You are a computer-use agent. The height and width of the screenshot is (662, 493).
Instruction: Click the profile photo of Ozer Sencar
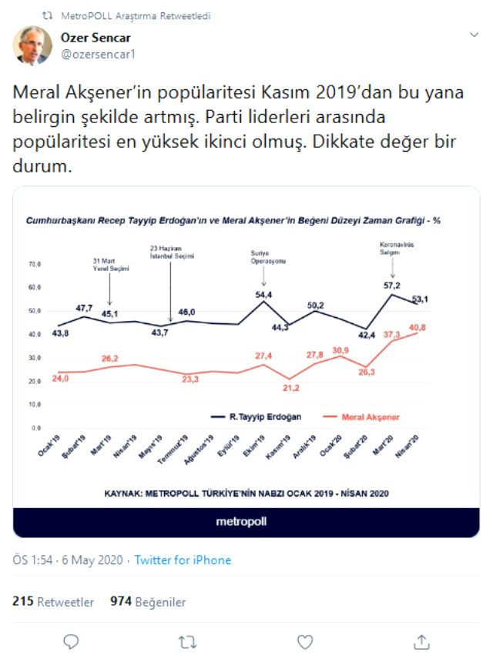click(x=32, y=45)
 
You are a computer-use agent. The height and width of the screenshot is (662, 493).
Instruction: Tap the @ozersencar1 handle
click(x=96, y=54)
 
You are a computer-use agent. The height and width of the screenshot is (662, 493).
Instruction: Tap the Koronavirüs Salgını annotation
click(x=392, y=250)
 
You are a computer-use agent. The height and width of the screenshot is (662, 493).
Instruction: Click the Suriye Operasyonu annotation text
click(x=263, y=259)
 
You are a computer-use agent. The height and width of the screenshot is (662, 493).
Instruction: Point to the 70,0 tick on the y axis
click(x=34, y=264)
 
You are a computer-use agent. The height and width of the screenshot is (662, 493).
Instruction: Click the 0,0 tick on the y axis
click(x=35, y=427)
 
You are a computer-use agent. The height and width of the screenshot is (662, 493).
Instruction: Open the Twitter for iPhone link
click(x=183, y=560)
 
